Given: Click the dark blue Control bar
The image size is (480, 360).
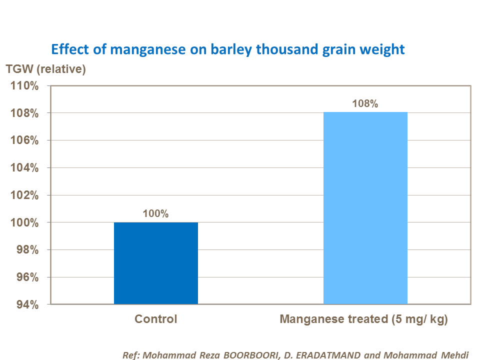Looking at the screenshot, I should tap(155, 263).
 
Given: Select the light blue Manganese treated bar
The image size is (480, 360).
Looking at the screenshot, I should tap(365, 208).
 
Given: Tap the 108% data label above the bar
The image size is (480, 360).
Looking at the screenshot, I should tap(365, 104).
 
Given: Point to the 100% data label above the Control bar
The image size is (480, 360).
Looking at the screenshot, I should tap(155, 214).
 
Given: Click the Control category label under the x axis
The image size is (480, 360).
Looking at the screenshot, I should tap(155, 319).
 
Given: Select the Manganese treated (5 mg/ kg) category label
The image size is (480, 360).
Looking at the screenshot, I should tap(363, 319).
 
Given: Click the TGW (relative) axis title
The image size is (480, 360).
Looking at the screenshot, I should tap(45, 69).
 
